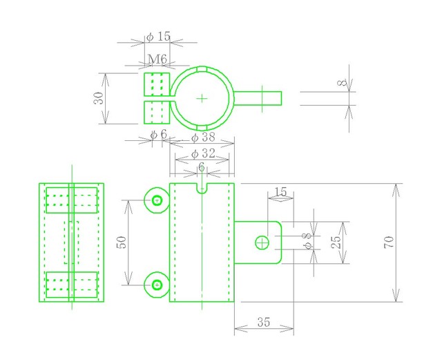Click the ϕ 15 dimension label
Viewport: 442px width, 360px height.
tap(159, 37)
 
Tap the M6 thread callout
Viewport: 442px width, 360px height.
tap(157, 59)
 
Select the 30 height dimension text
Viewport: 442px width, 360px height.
tap(99, 98)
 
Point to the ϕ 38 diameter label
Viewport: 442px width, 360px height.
tap(203, 138)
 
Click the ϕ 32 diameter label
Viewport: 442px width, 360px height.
tap(203, 154)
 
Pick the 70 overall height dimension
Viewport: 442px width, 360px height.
tap(389, 243)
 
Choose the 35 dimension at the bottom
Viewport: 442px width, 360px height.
tap(264, 322)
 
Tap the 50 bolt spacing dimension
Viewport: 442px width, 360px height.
tap(122, 242)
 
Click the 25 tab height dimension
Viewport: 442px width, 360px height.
tap(336, 242)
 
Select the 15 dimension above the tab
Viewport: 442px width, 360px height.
tap(280, 192)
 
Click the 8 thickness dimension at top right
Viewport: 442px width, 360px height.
tap(343, 83)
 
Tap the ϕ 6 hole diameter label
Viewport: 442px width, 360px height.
tap(159, 135)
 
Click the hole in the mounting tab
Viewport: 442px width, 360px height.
tap(262, 243)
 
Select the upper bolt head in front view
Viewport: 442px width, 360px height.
tap(157, 200)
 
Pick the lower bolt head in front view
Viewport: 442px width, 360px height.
tap(157, 285)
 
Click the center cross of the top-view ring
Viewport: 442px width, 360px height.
tap(202, 98)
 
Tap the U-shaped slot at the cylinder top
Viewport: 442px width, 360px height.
tap(202, 189)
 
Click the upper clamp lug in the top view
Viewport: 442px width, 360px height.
tap(157, 84)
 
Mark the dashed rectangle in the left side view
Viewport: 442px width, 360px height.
tap(64, 243)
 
